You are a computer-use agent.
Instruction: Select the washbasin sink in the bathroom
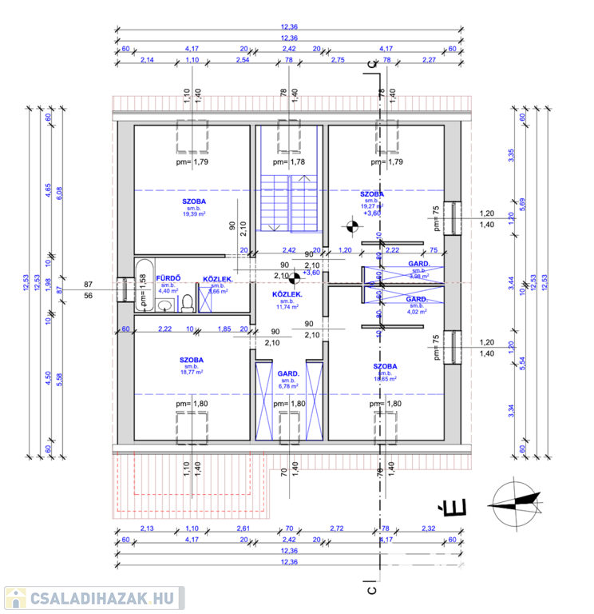pyautogui.click(x=166, y=306)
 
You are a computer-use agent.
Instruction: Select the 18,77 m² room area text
pyautogui.click(x=192, y=372)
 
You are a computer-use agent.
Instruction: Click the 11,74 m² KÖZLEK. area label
pyautogui.click(x=287, y=306)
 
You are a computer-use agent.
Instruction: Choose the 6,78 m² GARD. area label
pyautogui.click(x=288, y=385)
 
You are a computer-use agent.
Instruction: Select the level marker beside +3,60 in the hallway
pyautogui.click(x=294, y=277)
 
